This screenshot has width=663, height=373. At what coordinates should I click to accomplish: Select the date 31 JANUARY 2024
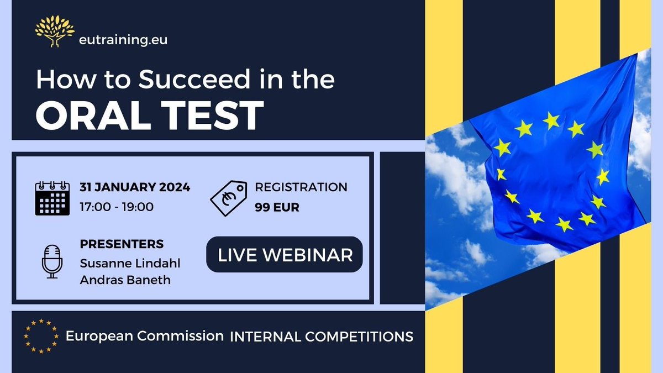click(135, 187)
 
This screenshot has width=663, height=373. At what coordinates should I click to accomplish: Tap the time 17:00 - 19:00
click(117, 207)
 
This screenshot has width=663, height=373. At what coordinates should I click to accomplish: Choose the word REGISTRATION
click(301, 187)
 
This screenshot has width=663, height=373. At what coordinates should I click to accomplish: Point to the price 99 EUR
click(278, 207)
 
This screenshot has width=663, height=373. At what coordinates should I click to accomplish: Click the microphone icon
click(52, 261)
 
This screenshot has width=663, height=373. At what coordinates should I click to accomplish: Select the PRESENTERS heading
click(122, 244)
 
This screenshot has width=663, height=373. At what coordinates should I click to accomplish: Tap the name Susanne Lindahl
click(130, 262)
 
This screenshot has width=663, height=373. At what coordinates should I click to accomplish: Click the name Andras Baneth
click(125, 280)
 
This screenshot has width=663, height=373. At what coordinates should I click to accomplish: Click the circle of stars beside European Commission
click(41, 335)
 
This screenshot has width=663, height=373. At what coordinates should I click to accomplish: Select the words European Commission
click(145, 335)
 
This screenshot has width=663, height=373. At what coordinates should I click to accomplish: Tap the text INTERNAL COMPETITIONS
click(321, 336)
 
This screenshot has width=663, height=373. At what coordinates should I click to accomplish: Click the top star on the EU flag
click(551, 119)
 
